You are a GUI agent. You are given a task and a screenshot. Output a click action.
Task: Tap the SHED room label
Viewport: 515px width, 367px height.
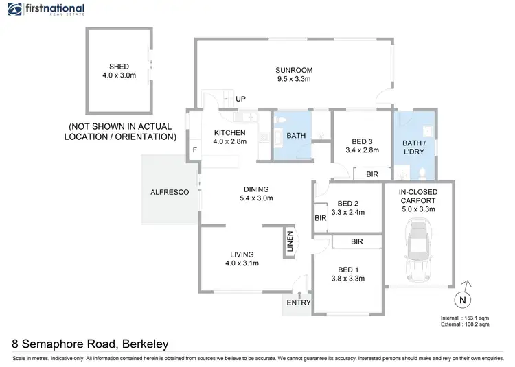coord(119,67)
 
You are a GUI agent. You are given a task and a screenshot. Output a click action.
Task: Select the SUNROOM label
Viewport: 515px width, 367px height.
coord(294,70)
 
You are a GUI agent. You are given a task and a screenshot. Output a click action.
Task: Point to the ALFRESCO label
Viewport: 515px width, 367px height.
coord(170,193)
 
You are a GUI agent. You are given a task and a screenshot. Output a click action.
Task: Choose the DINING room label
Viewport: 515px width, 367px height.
coord(256,189)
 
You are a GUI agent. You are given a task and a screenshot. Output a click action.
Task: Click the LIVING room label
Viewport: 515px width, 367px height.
coord(241,254)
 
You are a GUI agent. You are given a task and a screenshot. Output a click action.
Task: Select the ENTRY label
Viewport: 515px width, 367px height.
coord(299,303)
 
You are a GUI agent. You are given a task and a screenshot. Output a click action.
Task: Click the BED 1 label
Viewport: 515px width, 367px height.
coord(347,269)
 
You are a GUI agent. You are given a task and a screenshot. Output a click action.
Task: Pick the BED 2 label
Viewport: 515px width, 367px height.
coord(347,203)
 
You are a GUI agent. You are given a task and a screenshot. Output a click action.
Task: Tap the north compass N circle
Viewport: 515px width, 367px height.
coord(462,299)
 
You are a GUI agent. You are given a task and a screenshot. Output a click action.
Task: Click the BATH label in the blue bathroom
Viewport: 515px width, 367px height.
coord(296,135)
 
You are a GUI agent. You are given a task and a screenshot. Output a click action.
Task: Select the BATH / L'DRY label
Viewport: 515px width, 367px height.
coord(414,147)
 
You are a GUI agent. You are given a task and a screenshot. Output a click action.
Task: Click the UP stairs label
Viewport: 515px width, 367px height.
coord(240,99)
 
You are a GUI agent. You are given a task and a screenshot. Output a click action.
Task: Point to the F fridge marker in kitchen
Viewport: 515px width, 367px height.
coord(195,150)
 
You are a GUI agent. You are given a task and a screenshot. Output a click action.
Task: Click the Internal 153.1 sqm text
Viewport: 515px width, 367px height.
coord(465,318)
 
